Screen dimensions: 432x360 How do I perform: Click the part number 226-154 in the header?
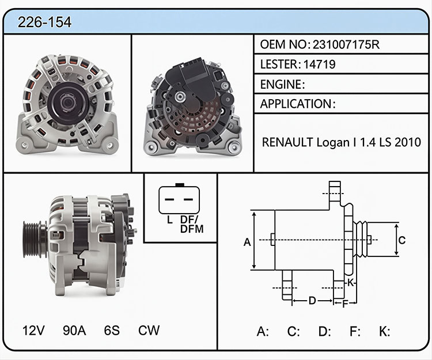point(44,22)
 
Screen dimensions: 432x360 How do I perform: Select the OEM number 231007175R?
point(346,44)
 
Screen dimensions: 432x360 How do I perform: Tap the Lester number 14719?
point(319,65)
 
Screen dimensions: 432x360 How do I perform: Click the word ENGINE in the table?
point(281,84)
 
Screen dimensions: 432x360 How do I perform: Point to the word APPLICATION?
point(295,104)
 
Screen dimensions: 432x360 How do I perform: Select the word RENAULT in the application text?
point(287,142)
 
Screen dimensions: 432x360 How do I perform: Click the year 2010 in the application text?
point(408,142)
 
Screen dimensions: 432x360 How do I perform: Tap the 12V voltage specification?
point(33,330)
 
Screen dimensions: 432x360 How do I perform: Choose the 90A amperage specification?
point(74,330)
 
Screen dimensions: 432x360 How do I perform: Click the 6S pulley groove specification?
point(112,330)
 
